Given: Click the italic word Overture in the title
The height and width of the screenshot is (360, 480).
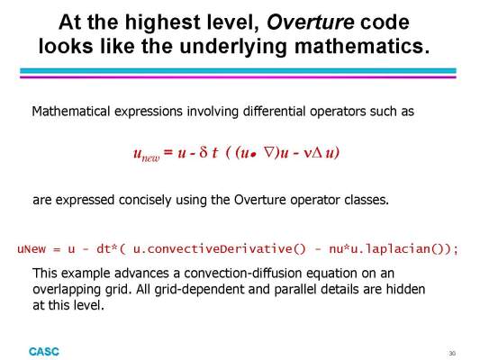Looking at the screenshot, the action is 311,22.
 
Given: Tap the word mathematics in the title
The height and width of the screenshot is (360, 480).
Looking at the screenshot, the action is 362,46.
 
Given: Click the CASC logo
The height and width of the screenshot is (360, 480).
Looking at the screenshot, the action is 44,352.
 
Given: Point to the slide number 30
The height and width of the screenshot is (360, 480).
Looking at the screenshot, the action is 452,354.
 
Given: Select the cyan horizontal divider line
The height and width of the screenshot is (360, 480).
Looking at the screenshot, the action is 238,71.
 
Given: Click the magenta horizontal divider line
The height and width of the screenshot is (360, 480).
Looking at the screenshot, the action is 238,77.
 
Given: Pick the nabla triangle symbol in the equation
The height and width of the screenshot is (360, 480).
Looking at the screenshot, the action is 268,152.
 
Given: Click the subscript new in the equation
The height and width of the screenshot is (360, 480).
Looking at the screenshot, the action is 151,158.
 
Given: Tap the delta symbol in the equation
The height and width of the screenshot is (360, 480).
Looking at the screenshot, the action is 204,152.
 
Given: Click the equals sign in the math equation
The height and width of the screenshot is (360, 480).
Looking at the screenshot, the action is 168,152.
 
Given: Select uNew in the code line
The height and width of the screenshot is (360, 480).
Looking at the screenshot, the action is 32,248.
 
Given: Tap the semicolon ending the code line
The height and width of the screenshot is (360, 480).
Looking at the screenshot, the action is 456,250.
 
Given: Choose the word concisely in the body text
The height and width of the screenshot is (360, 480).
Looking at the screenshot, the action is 145,200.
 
